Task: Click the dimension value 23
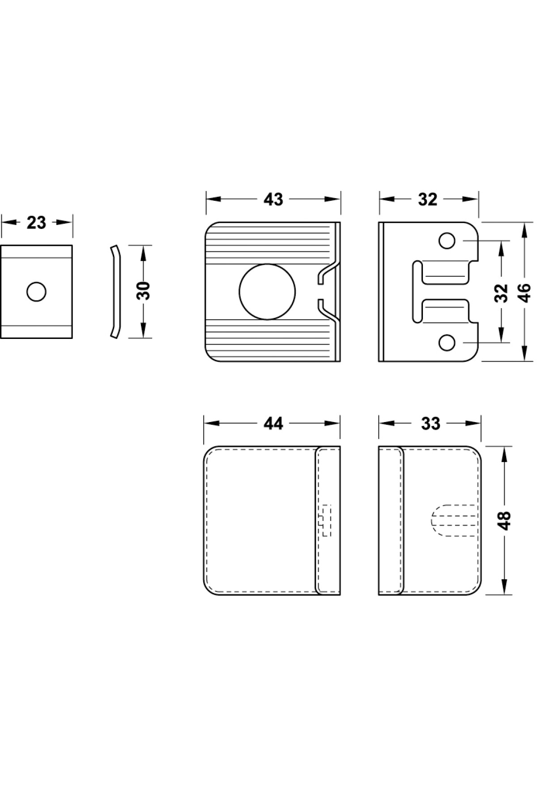(36, 222)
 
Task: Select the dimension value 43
(273, 199)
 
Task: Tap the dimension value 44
(273, 423)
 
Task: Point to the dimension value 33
(430, 423)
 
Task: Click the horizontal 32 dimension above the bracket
(427, 199)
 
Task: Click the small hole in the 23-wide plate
(36, 292)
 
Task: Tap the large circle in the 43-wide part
(267, 292)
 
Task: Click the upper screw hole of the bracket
(447, 241)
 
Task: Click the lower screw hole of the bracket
(447, 343)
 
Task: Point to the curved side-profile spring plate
(115, 291)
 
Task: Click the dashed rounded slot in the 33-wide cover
(452, 520)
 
